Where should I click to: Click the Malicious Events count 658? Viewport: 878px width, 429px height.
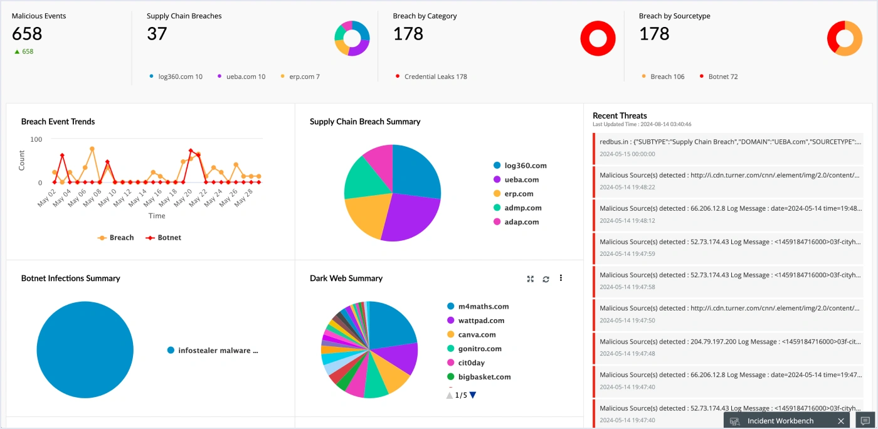27,34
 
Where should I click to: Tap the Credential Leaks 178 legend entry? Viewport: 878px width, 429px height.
435,77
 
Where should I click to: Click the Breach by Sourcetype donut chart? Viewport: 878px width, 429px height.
844,39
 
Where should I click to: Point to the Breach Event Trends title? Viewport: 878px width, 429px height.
58,122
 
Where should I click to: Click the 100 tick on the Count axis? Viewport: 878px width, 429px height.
36,139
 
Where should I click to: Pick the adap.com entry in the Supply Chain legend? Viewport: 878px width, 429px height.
521,222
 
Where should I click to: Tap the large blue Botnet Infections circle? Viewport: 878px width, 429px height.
85,350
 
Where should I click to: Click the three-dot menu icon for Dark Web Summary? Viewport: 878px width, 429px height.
561,278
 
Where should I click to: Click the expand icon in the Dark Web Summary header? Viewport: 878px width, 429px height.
531,279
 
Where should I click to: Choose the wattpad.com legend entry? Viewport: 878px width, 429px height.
480,320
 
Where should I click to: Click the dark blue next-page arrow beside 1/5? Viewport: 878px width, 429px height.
473,395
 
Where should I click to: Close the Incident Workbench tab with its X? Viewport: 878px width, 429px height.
841,421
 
